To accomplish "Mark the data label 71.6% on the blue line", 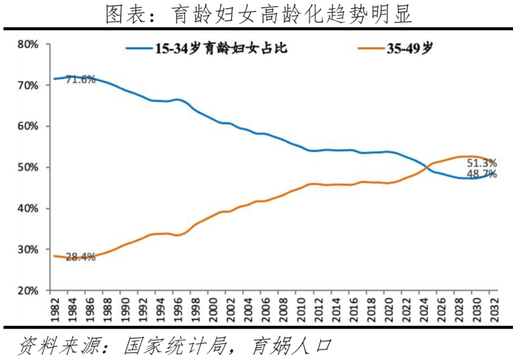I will [80, 80].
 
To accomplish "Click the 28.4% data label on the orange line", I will [80, 257].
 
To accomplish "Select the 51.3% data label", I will [481, 163].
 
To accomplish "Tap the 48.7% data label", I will [481, 175].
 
